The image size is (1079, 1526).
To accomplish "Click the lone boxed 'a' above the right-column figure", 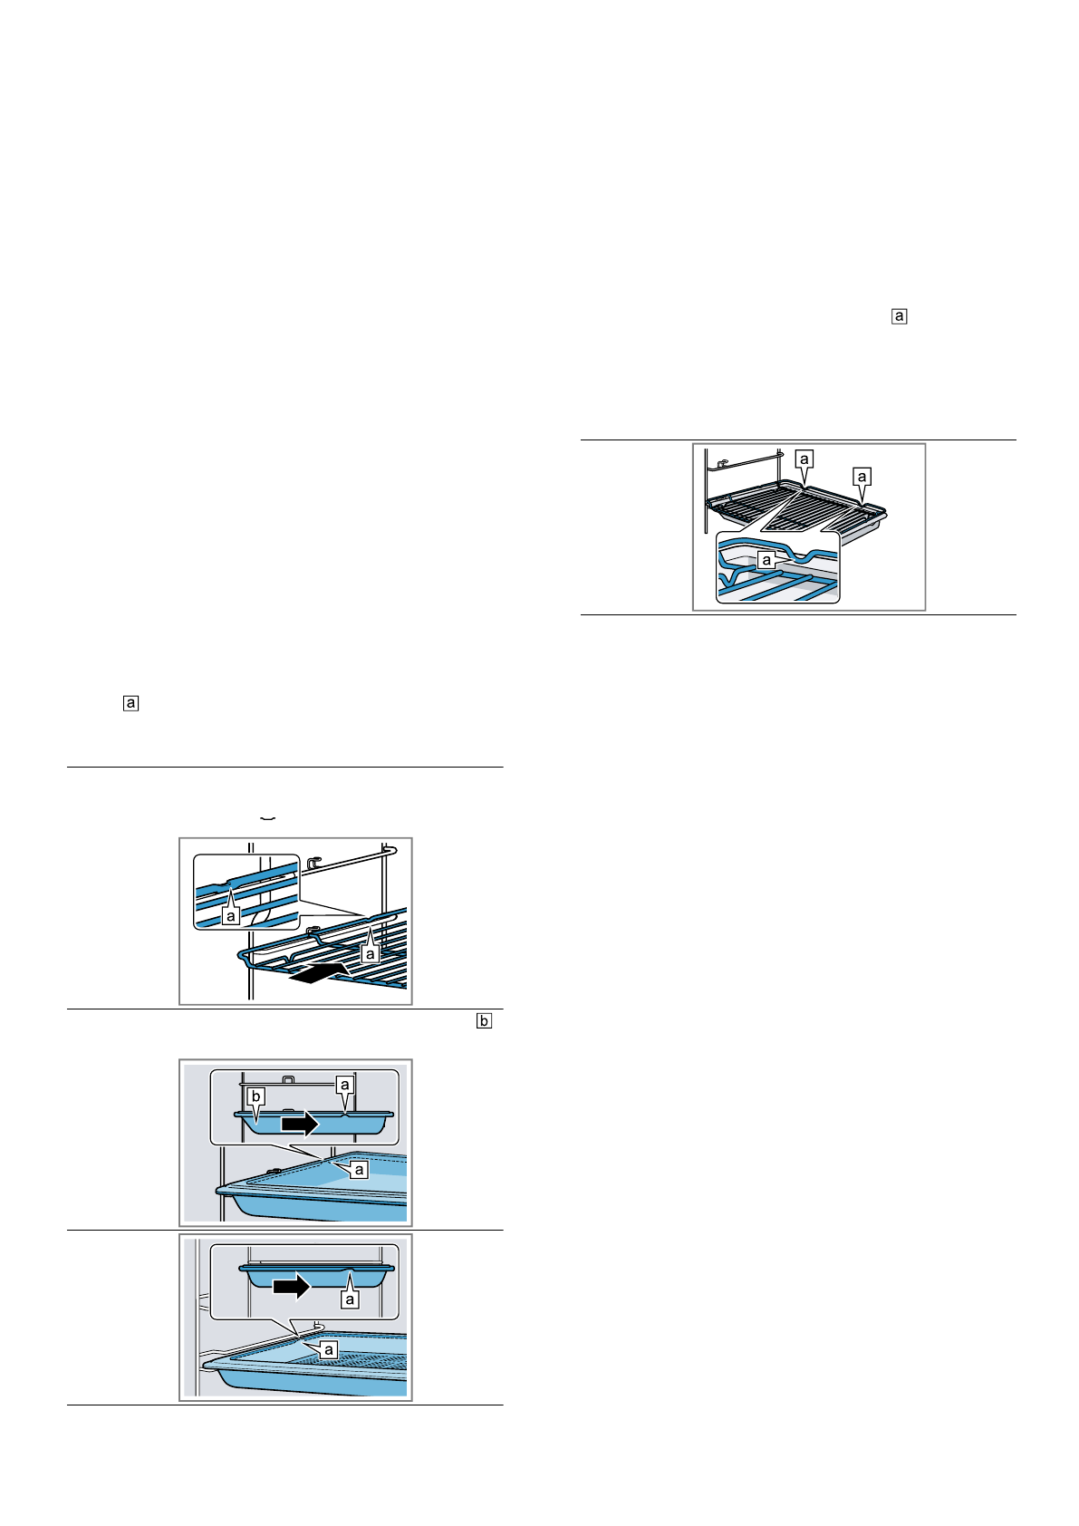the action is [900, 316].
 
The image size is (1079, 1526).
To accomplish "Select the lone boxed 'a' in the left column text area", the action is [131, 703].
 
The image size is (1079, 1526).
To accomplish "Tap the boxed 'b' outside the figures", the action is [484, 1021].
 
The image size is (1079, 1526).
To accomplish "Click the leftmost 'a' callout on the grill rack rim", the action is [804, 459].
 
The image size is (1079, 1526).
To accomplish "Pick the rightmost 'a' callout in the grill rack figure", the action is [862, 477].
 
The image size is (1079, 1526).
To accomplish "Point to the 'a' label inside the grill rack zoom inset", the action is [766, 560].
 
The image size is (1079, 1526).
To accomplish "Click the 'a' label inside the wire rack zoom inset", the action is [232, 915].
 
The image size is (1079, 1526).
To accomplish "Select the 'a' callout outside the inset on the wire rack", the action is [370, 953].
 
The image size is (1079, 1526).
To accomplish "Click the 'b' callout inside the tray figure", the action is [256, 1097].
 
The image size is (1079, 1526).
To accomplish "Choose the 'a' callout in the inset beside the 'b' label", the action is [344, 1085].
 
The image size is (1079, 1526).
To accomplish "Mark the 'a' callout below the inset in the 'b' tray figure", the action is [360, 1170].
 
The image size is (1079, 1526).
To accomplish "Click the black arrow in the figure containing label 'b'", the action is [300, 1124].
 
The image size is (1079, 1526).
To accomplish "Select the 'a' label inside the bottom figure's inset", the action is [350, 1299].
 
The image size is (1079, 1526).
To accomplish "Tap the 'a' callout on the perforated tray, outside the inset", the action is [329, 1349].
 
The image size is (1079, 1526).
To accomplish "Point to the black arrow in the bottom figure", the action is [293, 1285].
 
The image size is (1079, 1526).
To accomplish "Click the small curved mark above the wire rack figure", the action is [267, 818].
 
